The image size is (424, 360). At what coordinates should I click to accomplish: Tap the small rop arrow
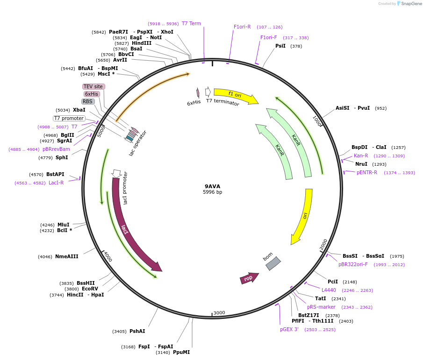coord(249,278)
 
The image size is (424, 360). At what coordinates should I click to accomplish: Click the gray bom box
coord(273,263)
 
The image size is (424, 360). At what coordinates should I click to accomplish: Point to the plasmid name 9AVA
coord(212,186)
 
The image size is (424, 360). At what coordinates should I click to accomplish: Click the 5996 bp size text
coord(212,192)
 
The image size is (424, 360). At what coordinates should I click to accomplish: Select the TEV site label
coord(93,86)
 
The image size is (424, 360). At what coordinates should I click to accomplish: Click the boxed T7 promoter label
coord(69,118)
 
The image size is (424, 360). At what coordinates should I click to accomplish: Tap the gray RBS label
coord(88,101)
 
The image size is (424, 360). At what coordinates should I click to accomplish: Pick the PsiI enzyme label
coord(280,46)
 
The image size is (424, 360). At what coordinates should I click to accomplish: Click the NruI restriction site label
coord(361,164)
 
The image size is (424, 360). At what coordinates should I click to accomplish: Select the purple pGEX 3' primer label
coord(289,329)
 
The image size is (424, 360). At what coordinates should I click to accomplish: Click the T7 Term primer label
coord(191,23)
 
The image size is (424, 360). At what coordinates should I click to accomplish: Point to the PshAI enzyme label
coord(137,331)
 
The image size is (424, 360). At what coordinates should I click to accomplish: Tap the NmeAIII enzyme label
coord(67,256)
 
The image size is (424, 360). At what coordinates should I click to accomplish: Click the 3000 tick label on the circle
coord(219,313)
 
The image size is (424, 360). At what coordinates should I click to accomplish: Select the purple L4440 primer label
coord(329,290)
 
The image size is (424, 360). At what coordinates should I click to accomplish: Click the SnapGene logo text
coord(411,4)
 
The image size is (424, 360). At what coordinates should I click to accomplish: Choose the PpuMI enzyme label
coord(181,352)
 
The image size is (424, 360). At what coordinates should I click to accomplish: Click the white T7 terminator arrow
coord(208,92)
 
